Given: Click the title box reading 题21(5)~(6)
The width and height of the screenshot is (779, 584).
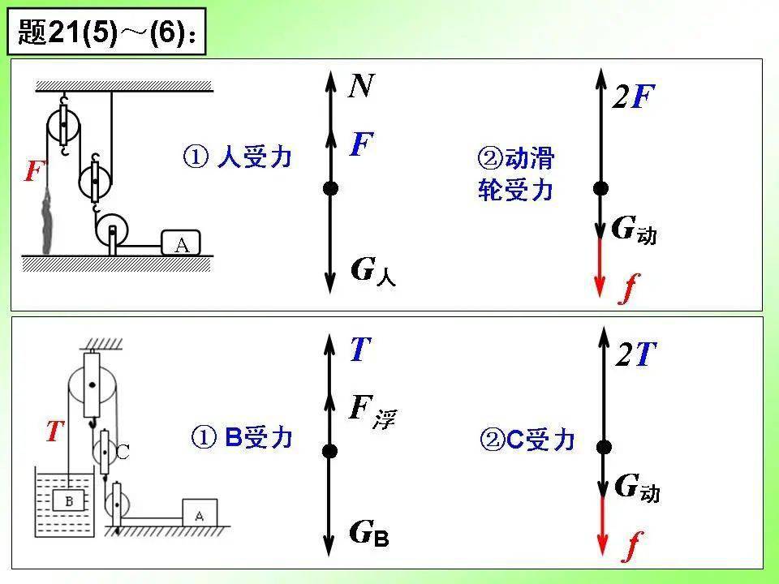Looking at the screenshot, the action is click(x=106, y=32).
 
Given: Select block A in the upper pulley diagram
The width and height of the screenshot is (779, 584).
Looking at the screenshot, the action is click(x=181, y=243).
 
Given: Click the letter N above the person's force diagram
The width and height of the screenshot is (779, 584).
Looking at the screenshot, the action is click(x=360, y=86).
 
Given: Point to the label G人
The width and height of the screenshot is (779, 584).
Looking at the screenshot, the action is click(x=373, y=272).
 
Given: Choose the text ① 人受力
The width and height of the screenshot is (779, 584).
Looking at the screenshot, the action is click(x=237, y=157).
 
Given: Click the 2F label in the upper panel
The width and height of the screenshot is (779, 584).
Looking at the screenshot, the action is click(x=634, y=97).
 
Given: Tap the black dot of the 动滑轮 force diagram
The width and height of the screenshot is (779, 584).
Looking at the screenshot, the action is click(x=600, y=188).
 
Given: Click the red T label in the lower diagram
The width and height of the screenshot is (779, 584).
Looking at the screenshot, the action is click(x=55, y=431).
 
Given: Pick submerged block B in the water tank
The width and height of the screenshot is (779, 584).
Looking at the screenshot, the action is click(x=69, y=501).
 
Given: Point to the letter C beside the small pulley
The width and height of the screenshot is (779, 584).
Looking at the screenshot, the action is click(x=123, y=452).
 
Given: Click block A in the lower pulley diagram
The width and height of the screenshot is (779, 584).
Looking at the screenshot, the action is click(x=200, y=513).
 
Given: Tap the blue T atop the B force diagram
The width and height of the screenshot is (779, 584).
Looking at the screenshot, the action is click(x=360, y=350).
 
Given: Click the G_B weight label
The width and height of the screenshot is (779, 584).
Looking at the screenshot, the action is click(x=369, y=533).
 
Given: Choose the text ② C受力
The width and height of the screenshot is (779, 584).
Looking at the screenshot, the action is click(x=527, y=440).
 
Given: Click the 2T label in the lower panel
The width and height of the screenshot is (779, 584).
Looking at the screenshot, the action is click(x=636, y=354).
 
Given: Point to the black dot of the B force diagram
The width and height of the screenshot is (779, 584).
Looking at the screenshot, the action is click(x=329, y=451).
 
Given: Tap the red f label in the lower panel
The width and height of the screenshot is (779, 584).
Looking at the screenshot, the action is click(x=632, y=546).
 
